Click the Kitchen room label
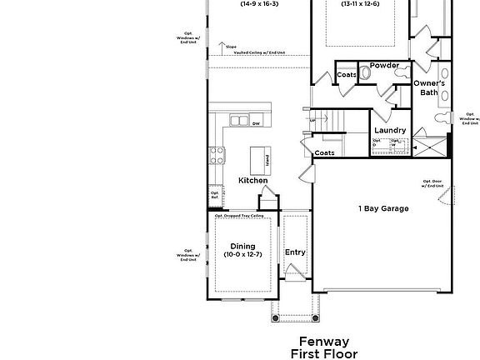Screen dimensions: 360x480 (253, 180)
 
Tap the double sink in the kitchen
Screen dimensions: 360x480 (237, 121)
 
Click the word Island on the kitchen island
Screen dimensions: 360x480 (267, 158)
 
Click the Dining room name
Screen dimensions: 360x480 (242, 246)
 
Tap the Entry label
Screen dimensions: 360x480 (295, 252)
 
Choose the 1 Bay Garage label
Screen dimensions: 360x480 (383, 208)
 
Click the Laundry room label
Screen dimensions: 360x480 (389, 131)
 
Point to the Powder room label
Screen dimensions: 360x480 (384, 65)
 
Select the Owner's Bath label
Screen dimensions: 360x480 (429, 87)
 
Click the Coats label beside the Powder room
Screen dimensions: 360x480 (347, 75)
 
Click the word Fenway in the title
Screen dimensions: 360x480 (324, 342)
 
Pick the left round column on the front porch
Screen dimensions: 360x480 (276, 317)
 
